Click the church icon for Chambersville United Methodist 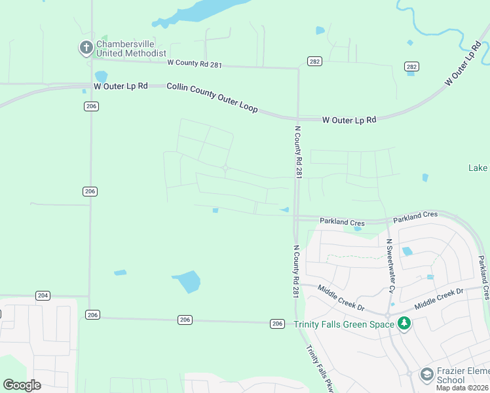click(86, 47)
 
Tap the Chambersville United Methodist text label click(131, 48)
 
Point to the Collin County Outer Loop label click(212, 97)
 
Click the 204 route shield click(43, 295)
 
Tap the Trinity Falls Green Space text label click(343, 324)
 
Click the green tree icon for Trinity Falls click(404, 323)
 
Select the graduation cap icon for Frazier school click(426, 374)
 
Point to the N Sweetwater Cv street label click(391, 266)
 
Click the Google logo click(22, 385)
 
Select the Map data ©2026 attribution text click(462, 388)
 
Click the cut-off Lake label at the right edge click(478, 168)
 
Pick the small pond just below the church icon click(100, 77)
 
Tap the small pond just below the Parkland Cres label click(358, 229)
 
